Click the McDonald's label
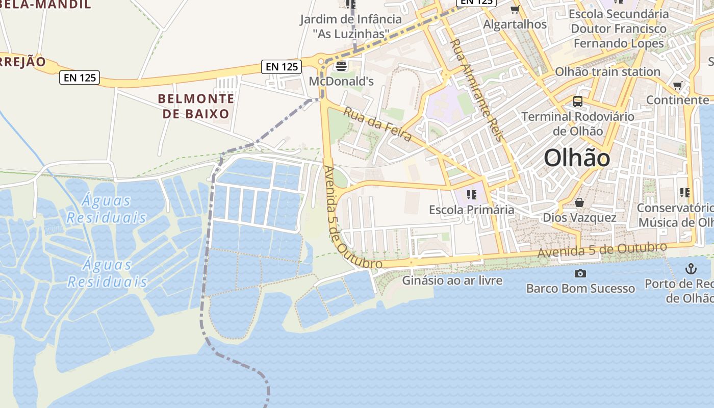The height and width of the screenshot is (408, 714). point(341,81)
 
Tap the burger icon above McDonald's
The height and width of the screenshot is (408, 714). point(341,66)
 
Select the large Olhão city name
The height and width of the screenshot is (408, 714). point(577,158)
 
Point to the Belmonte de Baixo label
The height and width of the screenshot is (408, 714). point(196,106)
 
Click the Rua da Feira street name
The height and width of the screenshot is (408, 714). point(377,124)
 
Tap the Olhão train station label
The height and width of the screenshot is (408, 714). point(607,72)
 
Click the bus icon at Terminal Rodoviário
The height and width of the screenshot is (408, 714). point(577,101)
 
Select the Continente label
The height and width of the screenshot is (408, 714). point(677,100)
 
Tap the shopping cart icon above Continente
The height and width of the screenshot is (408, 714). point(677,85)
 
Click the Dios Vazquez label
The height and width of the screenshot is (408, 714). point(579,218)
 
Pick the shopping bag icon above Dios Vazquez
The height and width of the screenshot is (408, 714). point(579,203)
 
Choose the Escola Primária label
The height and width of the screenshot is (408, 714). point(472,210)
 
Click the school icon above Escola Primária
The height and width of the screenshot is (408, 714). point(471,194)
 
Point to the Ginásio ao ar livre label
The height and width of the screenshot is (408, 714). point(452,280)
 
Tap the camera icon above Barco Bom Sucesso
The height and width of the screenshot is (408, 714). point(580,274)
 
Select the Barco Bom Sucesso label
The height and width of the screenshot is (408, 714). point(580,289)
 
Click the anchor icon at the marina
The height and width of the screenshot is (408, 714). point(691,268)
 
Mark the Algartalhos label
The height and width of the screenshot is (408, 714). point(515,24)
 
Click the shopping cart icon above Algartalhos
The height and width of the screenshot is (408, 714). point(515,10)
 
